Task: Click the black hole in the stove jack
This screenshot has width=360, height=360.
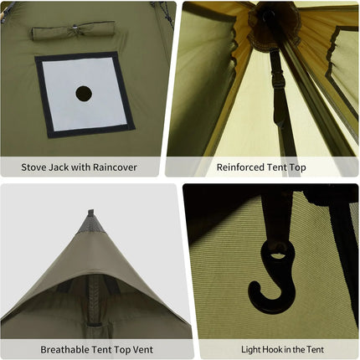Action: (x=84, y=93)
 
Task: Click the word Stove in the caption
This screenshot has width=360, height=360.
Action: (x=37, y=167)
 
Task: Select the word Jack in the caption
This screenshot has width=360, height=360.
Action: (x=66, y=167)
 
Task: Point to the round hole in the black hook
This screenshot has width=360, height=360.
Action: (x=275, y=251)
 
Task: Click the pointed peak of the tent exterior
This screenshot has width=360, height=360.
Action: (x=91, y=214)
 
